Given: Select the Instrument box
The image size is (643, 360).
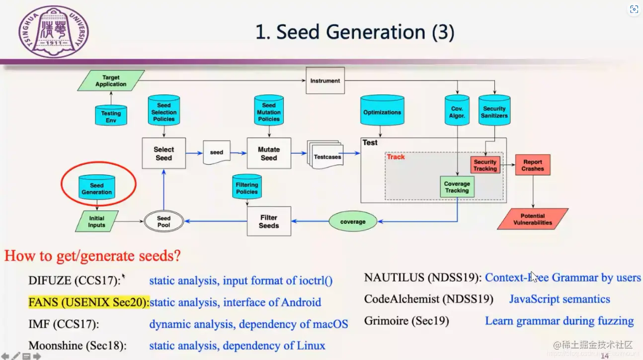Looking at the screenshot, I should [x=325, y=81].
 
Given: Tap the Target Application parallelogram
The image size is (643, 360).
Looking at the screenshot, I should [x=111, y=81].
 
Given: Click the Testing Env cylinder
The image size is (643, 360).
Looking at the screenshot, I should [x=111, y=115].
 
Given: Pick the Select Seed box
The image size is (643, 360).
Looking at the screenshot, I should [x=163, y=153].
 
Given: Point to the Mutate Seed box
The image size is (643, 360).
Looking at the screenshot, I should [x=268, y=153].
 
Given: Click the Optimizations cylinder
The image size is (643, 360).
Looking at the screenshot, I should [x=382, y=112].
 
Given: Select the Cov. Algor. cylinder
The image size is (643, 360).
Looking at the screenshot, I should [x=457, y=111].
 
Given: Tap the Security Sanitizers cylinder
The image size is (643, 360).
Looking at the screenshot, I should [x=494, y=111].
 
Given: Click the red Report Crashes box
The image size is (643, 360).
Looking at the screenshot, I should [x=532, y=166].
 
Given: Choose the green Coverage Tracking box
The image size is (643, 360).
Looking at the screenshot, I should [x=457, y=187].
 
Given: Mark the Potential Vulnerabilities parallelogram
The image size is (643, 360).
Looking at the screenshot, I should [x=533, y=219].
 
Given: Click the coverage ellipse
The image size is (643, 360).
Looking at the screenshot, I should [x=353, y=222].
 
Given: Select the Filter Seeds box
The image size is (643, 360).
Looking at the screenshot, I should [x=269, y=221].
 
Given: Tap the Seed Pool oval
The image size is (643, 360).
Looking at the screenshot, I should [x=163, y=221].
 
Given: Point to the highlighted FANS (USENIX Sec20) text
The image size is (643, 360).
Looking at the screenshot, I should [x=88, y=302].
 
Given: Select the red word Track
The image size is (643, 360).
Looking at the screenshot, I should [x=396, y=157].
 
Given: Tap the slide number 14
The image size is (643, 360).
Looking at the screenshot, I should [x=605, y=356].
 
